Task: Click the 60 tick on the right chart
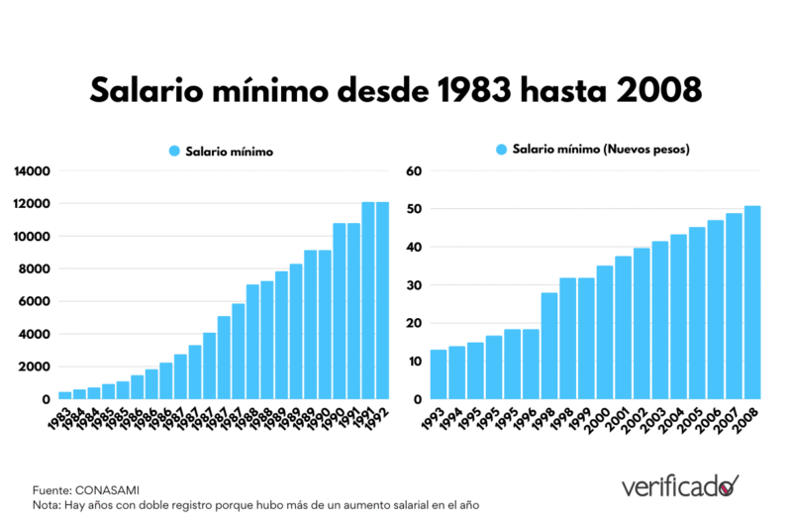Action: click(x=416, y=171)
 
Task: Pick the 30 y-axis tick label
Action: click(x=416, y=285)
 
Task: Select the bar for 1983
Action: click(x=64, y=395)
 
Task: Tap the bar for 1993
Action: click(x=438, y=374)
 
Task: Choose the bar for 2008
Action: click(x=752, y=302)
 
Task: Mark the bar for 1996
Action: click(x=531, y=365)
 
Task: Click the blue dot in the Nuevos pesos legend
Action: click(x=501, y=151)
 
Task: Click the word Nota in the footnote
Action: click(x=46, y=505)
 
